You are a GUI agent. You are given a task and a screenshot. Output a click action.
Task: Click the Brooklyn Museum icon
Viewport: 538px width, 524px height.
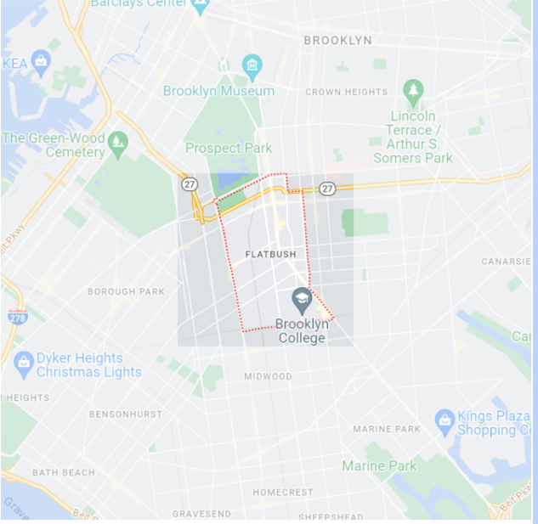point(252,65)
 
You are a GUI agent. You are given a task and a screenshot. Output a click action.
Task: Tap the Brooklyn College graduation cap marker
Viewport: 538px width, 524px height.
point(301,298)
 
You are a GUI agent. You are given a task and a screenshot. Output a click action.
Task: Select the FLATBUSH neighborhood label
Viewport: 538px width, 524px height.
point(269,254)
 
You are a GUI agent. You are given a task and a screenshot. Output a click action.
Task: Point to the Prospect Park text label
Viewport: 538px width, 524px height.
point(229,148)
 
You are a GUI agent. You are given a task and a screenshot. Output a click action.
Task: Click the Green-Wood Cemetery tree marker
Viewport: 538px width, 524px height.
point(118,141)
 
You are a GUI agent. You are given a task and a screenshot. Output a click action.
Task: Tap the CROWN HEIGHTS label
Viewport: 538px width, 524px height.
point(346,92)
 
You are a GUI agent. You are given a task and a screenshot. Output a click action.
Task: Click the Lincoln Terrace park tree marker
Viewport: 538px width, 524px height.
point(413,90)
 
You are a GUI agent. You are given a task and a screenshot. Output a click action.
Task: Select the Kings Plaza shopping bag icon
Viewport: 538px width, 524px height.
point(445,420)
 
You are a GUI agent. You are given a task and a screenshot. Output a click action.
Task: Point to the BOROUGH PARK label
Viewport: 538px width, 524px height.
point(126,291)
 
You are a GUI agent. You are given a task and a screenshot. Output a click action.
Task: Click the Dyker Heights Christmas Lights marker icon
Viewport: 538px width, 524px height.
point(24,363)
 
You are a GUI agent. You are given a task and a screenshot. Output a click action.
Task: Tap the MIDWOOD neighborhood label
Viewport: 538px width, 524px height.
point(268,376)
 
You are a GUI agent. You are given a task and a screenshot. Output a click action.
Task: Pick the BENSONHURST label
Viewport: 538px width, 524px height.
point(125,414)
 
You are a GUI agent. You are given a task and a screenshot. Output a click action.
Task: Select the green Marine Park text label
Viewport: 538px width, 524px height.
point(379,465)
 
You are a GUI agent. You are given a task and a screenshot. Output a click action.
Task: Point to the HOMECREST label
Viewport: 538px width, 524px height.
point(282,493)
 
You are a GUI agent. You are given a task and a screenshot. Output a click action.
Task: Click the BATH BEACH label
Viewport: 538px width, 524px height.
point(64,472)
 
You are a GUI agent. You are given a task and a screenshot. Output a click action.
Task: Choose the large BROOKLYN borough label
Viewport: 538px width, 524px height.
point(337,40)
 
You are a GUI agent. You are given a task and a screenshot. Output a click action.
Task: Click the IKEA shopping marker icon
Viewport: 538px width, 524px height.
point(41,62)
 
